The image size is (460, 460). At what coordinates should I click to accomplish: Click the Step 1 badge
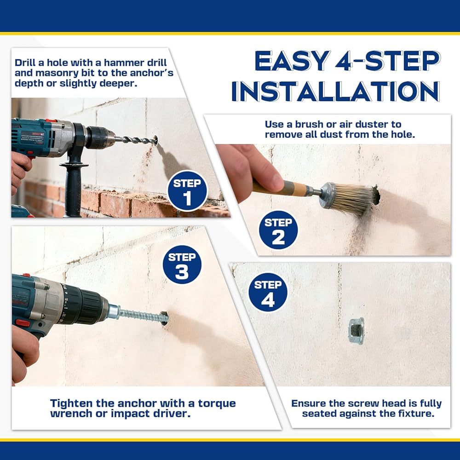point(188,191)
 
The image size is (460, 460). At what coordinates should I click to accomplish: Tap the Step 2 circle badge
point(278,230)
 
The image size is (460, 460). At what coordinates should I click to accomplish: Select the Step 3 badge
point(182,264)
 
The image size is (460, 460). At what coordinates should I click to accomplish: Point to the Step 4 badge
point(268,293)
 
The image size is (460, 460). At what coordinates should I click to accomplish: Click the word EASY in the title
point(291,61)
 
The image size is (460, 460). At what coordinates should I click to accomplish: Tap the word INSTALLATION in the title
point(336,91)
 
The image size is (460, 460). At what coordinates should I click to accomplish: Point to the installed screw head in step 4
point(356,331)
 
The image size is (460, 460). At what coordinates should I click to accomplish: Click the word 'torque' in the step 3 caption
point(217,403)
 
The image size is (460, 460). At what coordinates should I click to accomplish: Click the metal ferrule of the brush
point(328,195)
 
